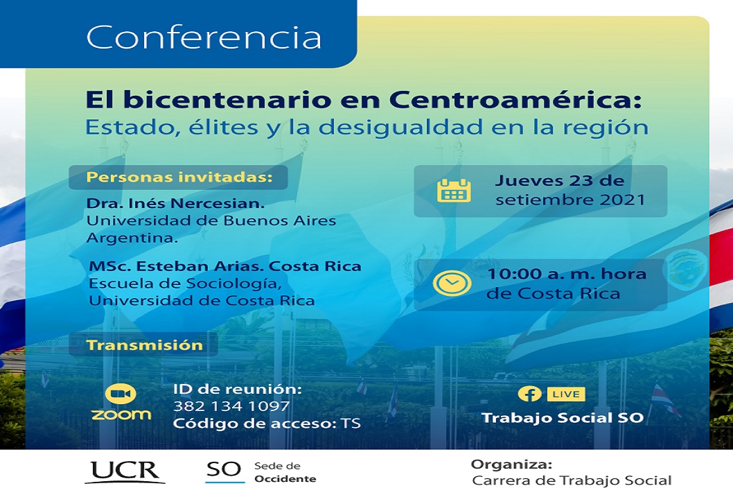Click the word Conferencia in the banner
tap(204, 37)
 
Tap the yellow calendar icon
tap(454, 191)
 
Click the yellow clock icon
tap(452, 283)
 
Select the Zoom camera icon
tap(121, 394)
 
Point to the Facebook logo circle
tap(529, 394)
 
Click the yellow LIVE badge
tap(566, 394)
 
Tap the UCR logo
tap(125, 471)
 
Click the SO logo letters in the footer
tap(224, 470)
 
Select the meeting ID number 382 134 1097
tap(231, 406)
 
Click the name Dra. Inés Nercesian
tap(175, 204)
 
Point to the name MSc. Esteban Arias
tap(172, 266)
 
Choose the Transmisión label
tap(144, 345)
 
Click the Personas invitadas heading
tap(179, 177)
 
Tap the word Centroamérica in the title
tap(515, 100)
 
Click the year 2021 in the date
tap(622, 200)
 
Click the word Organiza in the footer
tap(511, 464)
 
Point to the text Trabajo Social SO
tap(563, 418)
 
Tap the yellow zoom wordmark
tap(121, 415)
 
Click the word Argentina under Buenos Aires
tap(132, 238)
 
